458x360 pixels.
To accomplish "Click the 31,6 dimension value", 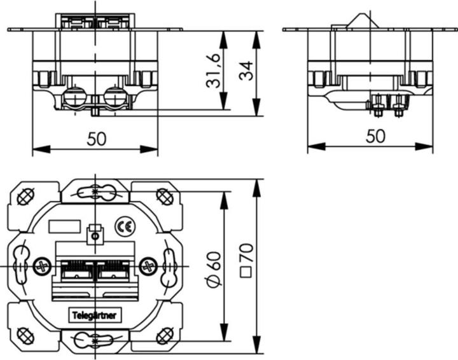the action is point(212,71).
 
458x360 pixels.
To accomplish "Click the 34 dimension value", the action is point(246,71).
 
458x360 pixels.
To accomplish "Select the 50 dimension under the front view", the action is point(97,139).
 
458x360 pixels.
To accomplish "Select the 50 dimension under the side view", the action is point(376,136).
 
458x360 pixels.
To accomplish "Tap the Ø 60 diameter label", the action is point(214,269).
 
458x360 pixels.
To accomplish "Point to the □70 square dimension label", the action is point(246,260).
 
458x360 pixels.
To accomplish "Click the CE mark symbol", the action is point(125,226).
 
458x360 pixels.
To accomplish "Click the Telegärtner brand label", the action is point(95,315).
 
